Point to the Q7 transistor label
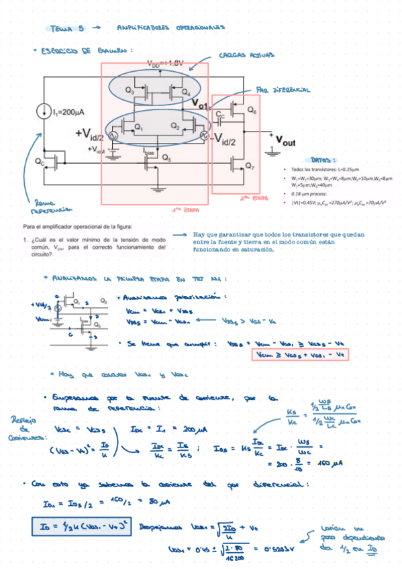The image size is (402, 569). point(250,166)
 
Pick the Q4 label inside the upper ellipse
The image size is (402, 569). point(186,92)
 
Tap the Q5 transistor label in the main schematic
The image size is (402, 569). point(166,159)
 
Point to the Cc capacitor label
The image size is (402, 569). point(221,115)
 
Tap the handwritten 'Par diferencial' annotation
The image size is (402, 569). point(282,89)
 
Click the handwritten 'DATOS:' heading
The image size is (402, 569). point(325,160)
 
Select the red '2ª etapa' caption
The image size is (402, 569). point(250,198)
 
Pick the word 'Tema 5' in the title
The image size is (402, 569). point(68,28)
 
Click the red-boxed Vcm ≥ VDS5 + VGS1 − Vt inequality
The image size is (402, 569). point(298,354)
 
